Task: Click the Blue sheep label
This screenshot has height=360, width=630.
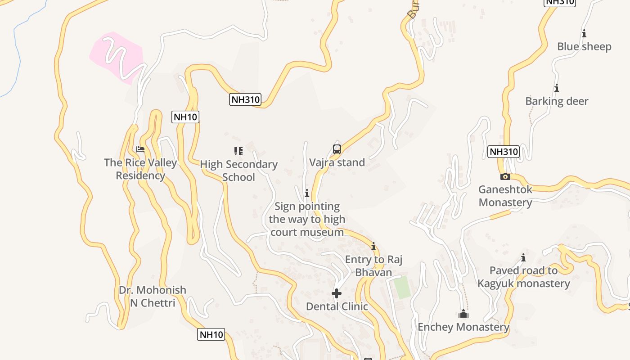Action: click(584, 47)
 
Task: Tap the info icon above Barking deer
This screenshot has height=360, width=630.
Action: click(557, 88)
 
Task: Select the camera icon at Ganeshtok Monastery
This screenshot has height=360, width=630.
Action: click(505, 176)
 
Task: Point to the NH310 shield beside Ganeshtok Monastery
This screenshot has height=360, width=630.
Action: click(504, 152)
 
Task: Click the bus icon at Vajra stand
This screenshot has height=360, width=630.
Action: click(337, 149)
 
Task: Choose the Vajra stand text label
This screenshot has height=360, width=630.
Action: click(337, 162)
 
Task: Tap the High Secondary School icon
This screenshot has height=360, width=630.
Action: click(238, 151)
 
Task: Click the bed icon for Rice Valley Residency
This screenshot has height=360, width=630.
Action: click(140, 149)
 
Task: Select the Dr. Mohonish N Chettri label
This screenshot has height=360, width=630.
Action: click(152, 297)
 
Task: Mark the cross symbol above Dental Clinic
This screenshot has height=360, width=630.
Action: click(337, 293)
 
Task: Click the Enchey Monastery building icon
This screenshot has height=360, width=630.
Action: click(463, 314)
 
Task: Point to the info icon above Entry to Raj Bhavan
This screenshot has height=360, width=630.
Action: click(373, 246)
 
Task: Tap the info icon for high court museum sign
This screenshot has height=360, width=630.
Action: click(307, 193)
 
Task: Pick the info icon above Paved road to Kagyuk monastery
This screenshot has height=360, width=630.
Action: click(523, 257)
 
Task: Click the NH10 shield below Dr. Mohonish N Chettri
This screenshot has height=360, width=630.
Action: click(211, 334)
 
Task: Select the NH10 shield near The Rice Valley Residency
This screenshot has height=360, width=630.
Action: click(185, 117)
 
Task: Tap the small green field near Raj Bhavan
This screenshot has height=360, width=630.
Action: click(402, 287)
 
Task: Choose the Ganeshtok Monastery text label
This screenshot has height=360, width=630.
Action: click(505, 196)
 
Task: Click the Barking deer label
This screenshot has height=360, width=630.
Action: click(557, 101)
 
